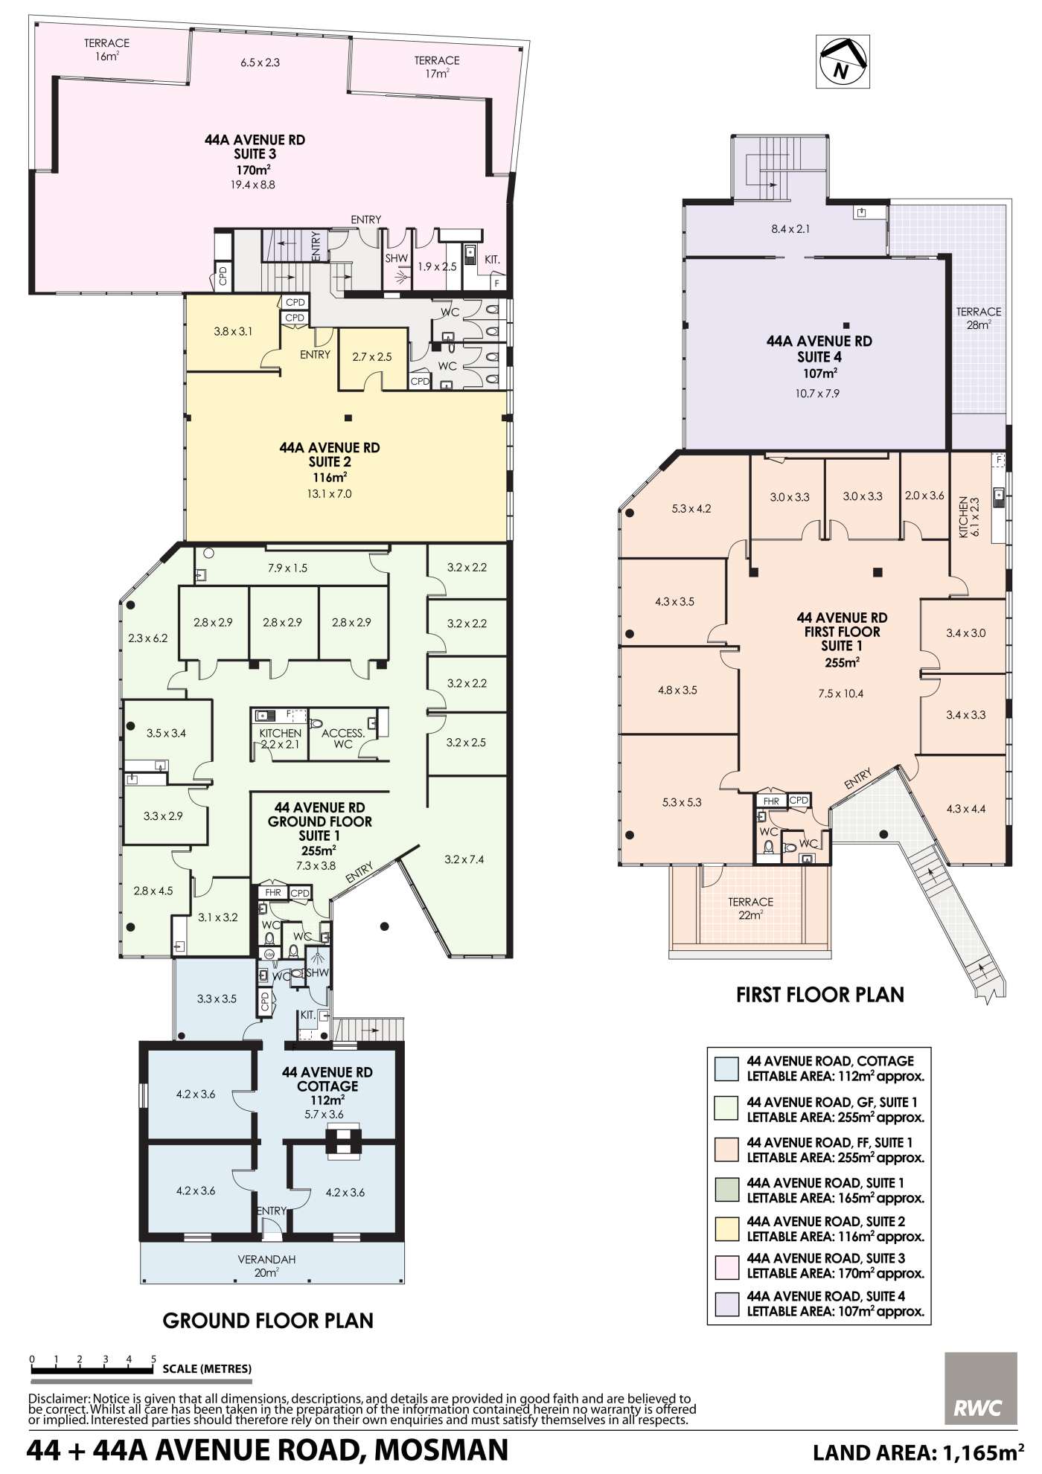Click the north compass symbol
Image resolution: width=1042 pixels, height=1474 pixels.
click(x=843, y=61)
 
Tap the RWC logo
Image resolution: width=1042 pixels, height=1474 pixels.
click(x=980, y=1388)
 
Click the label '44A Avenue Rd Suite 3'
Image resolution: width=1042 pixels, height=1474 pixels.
click(x=255, y=147)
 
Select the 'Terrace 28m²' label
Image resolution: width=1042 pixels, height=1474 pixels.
click(x=979, y=318)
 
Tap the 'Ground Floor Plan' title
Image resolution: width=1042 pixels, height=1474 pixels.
click(x=268, y=1320)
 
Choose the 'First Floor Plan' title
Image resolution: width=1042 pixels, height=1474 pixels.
click(x=820, y=994)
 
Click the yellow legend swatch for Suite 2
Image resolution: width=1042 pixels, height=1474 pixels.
click(x=726, y=1228)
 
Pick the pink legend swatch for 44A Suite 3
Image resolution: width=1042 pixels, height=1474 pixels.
click(x=726, y=1266)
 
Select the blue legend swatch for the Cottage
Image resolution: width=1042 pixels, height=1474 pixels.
click(x=726, y=1068)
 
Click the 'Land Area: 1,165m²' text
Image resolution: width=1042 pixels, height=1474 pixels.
click(x=918, y=1452)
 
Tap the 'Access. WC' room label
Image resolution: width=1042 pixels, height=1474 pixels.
click(x=343, y=738)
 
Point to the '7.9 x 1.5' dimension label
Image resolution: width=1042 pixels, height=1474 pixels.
click(x=287, y=568)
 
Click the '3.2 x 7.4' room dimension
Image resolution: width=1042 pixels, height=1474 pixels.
click(x=464, y=859)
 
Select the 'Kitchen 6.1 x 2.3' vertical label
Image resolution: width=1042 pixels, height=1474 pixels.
click(x=969, y=517)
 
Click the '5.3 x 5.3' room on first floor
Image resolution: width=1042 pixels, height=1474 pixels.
click(x=682, y=802)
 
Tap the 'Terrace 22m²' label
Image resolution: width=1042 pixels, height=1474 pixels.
click(x=750, y=908)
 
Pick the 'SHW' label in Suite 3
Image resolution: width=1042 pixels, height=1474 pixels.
click(x=397, y=258)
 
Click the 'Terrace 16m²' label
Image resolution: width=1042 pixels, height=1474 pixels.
click(x=107, y=49)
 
